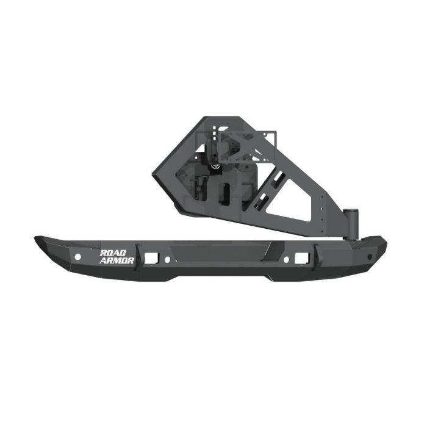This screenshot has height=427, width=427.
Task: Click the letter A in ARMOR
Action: coord(103,260)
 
